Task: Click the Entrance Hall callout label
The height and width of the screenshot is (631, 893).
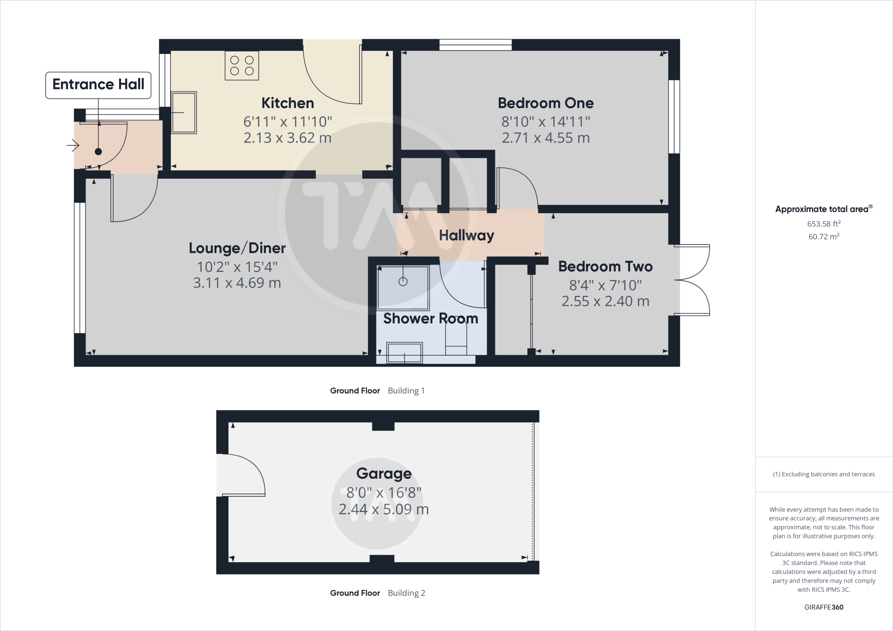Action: [98, 85]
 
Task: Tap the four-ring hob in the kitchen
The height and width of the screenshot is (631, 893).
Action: [242, 65]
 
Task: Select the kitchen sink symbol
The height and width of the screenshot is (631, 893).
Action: [184, 112]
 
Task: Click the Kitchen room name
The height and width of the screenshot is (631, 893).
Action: [287, 103]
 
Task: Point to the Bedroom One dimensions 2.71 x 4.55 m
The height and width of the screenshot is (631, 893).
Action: [545, 138]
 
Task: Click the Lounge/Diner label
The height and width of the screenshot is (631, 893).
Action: [237, 248]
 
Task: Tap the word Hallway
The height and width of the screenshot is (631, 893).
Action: [466, 235]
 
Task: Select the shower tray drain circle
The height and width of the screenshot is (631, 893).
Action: [403, 282]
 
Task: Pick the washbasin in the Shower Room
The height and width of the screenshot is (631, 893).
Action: [405, 353]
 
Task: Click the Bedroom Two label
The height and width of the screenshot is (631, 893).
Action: [605, 266]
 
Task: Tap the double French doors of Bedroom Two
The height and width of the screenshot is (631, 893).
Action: [693, 280]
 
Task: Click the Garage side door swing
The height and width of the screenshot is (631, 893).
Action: [242, 475]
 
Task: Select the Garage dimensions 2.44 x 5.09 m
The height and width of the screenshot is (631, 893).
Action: [384, 509]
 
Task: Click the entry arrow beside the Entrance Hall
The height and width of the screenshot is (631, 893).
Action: [72, 145]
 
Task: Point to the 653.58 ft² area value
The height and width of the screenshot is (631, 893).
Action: [823, 224]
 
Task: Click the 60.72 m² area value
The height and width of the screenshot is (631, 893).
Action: [823, 237]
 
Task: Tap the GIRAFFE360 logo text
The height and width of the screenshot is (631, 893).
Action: [824, 607]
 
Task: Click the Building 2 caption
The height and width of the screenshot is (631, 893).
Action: [406, 593]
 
